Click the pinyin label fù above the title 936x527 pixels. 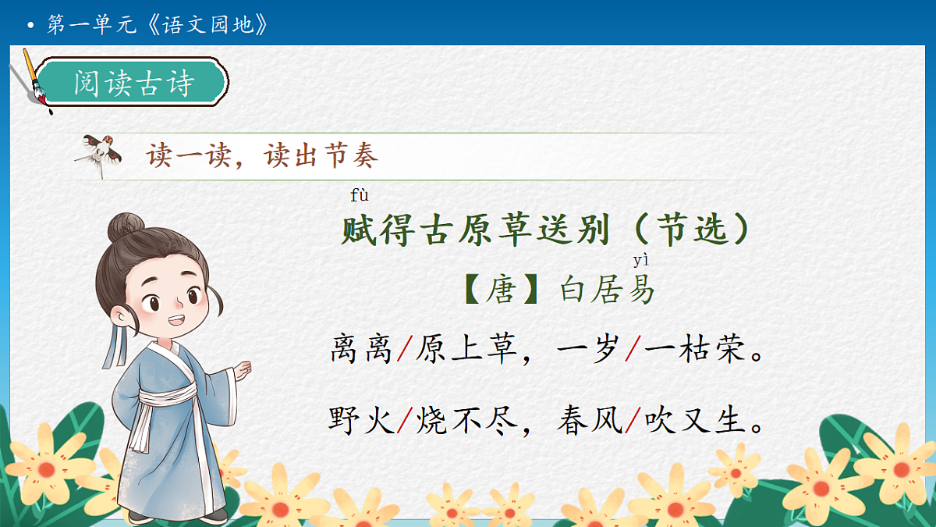[360, 195]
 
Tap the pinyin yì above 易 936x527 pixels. [640, 261]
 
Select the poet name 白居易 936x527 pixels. [608, 290]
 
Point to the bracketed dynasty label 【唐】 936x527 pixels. [501, 290]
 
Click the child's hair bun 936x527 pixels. [126, 229]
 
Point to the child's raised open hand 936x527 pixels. [244, 369]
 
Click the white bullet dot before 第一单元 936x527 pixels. [30, 26]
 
